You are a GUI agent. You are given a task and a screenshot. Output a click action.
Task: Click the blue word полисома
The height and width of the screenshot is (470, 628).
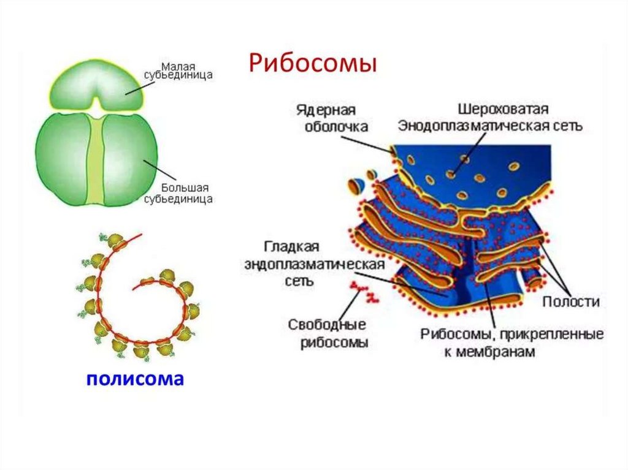[135, 378]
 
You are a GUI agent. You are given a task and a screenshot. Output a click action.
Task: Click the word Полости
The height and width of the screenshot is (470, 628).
[570, 302]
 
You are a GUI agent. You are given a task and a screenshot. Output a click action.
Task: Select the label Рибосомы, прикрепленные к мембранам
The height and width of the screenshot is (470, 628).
[511, 343]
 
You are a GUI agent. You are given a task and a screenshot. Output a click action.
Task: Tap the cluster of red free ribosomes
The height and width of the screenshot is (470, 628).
[364, 290]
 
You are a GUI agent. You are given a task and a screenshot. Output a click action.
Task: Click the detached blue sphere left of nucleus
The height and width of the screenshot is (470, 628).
[356, 184]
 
